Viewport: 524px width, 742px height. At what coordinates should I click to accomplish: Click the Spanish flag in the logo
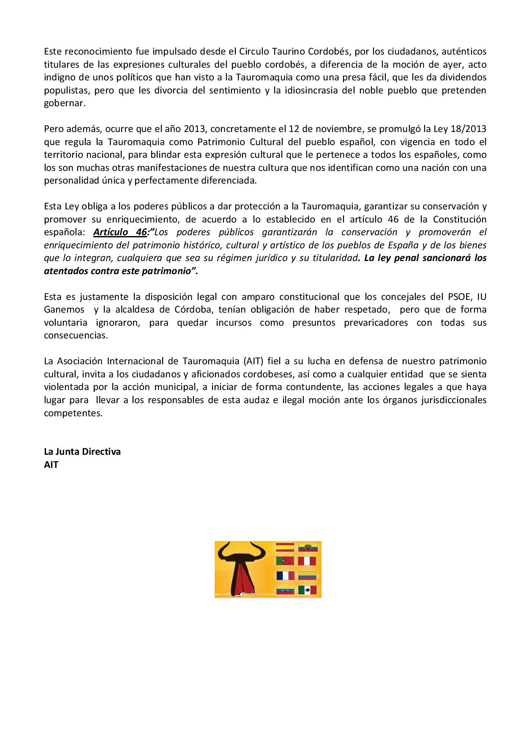pyautogui.click(x=285, y=547)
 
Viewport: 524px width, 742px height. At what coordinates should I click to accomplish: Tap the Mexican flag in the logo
pyautogui.click(x=307, y=590)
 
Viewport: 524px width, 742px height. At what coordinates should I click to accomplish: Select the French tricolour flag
pyautogui.click(x=285, y=576)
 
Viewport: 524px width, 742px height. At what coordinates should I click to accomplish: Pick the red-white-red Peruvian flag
pyautogui.click(x=307, y=561)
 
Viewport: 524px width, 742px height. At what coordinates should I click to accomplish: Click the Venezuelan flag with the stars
pyautogui.click(x=285, y=590)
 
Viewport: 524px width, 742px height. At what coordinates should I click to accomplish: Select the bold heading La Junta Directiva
pyautogui.click(x=82, y=451)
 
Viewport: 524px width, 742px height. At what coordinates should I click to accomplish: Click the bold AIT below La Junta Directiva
pyautogui.click(x=51, y=464)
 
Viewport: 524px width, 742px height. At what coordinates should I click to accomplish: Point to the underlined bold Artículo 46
pyautogui.click(x=120, y=232)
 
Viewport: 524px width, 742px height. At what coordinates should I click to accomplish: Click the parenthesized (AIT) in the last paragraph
pyautogui.click(x=253, y=361)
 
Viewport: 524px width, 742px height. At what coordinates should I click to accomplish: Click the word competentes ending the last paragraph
pyautogui.click(x=73, y=413)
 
